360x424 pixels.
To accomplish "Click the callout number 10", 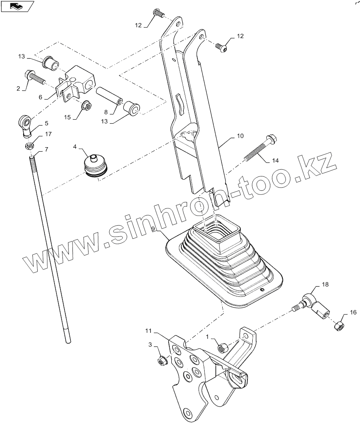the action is pyautogui.click(x=240, y=136).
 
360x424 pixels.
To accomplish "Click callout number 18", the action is pyautogui.click(x=325, y=285).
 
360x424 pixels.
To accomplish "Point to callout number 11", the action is pyautogui.click(x=148, y=331).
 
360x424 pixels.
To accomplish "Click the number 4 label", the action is pyautogui.click(x=75, y=147).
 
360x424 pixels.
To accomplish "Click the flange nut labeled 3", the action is pyautogui.click(x=163, y=360).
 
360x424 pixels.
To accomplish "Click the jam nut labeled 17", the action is pyautogui.click(x=28, y=146).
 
